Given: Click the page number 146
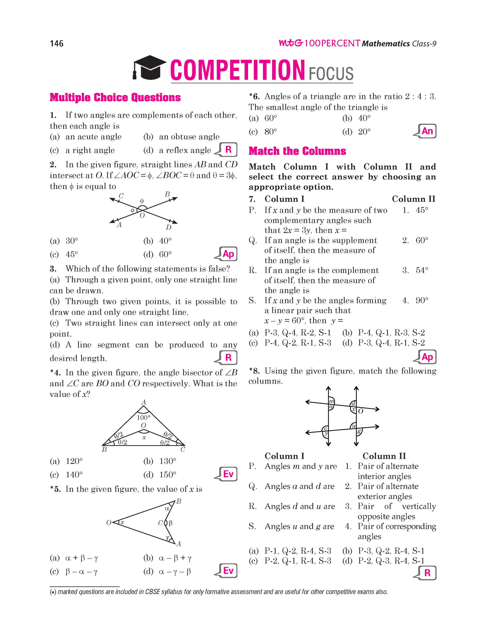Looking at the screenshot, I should coord(57,43).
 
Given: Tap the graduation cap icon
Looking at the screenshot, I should coord(149,67).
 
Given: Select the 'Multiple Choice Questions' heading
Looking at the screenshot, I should coord(115,98).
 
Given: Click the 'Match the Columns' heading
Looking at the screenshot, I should coord(297,151).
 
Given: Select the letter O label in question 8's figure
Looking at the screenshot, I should coord(360,411).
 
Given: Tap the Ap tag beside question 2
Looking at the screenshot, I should coord(228,254).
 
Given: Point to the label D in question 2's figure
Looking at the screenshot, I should coord(169,228).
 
